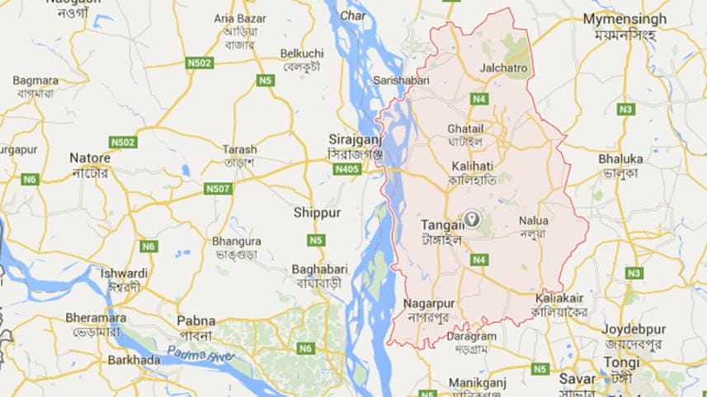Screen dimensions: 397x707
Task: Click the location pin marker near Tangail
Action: click(x=472, y=219)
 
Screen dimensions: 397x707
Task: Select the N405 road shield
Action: click(x=346, y=169)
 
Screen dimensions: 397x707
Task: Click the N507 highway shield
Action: click(x=217, y=189)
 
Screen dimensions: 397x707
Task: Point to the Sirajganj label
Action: click(x=353, y=139)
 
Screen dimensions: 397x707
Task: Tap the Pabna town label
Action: click(x=196, y=320)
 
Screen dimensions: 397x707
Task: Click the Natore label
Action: click(x=90, y=157)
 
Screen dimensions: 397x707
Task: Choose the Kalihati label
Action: click(x=471, y=166)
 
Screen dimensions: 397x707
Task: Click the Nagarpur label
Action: click(x=430, y=303)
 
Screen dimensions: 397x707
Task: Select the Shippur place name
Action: click(x=317, y=213)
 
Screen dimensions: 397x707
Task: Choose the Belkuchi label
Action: click(x=302, y=54)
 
